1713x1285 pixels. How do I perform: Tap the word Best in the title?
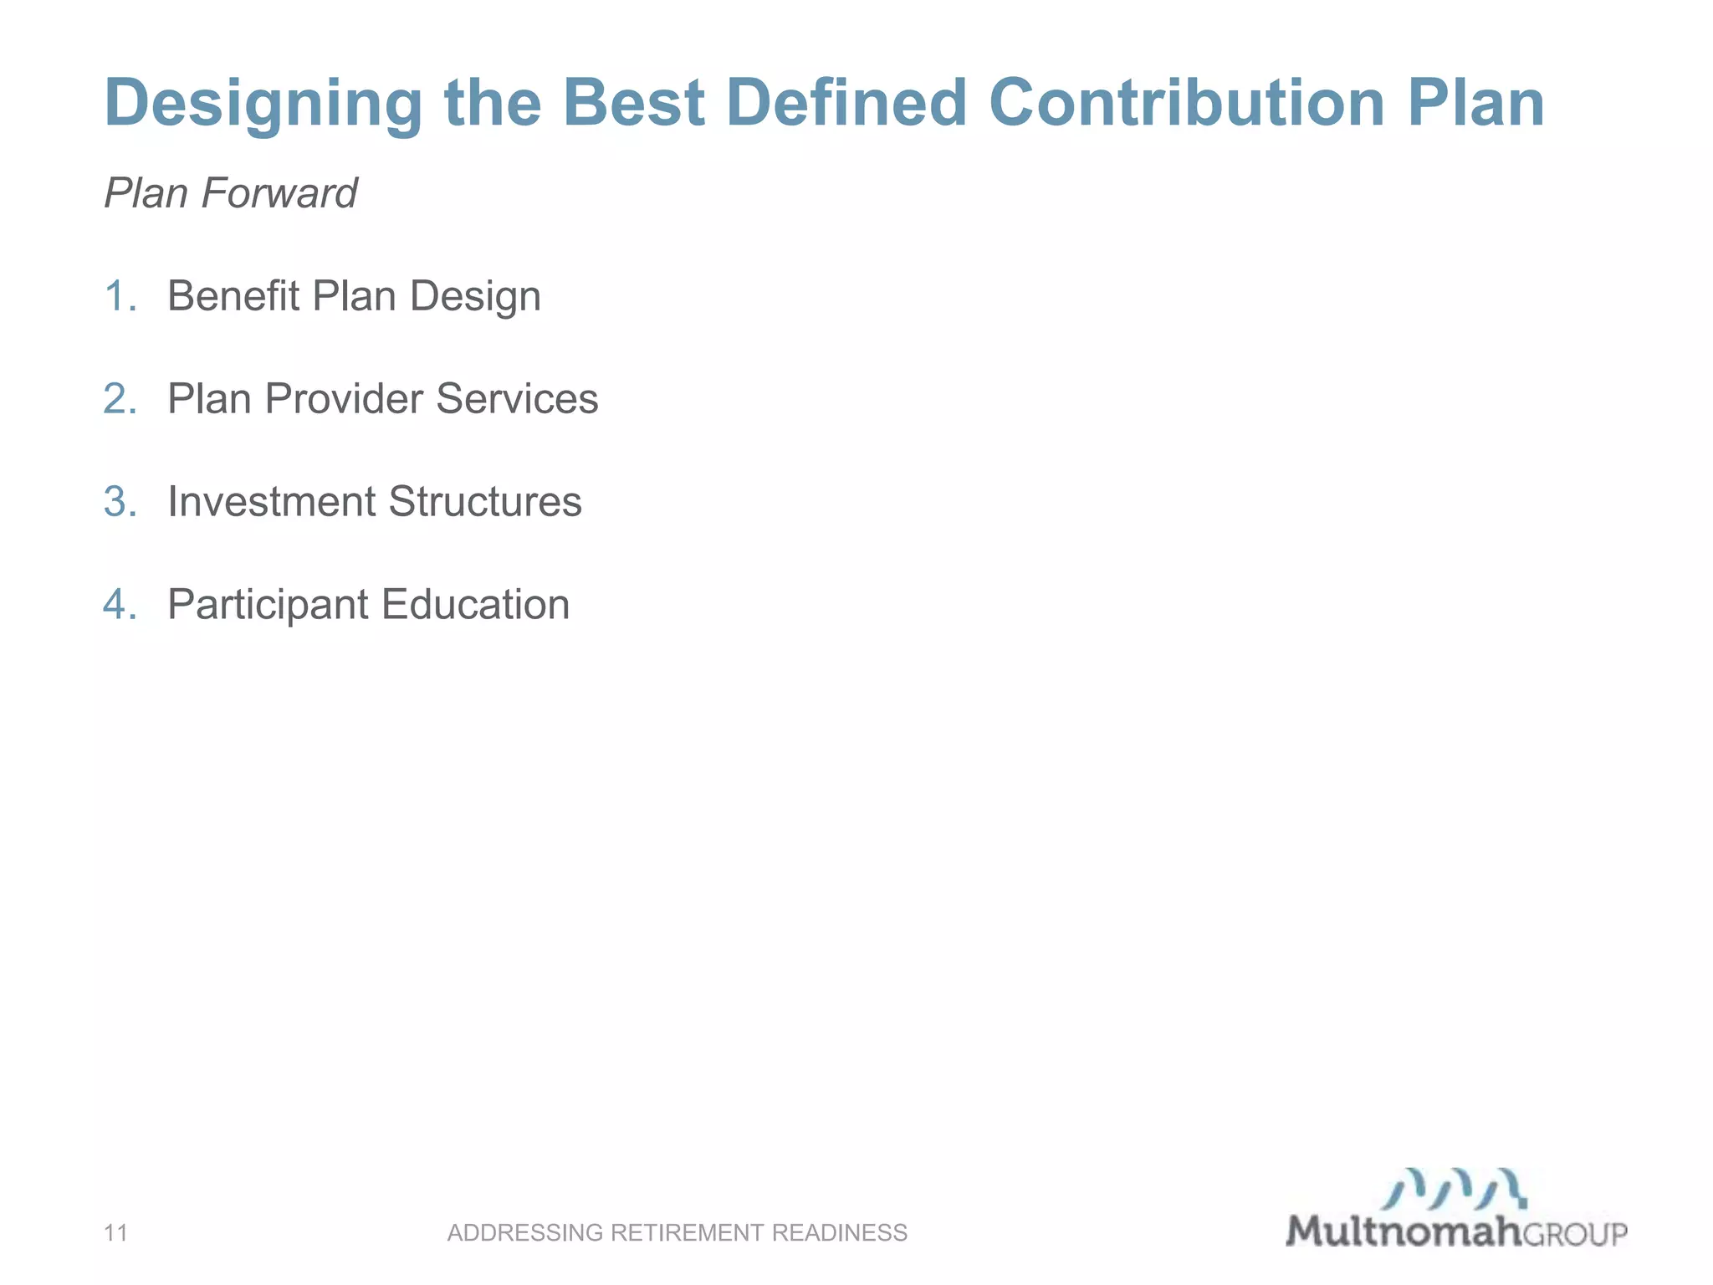(634, 103)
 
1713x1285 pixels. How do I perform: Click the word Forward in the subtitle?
(279, 193)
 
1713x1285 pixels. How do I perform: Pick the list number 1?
(120, 296)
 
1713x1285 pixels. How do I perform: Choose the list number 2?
(120, 399)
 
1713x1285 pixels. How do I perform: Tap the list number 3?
(120, 502)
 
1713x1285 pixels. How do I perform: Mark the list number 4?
(120, 605)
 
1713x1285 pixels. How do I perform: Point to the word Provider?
(343, 399)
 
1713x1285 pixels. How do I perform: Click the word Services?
(517, 399)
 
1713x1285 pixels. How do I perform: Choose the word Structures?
(485, 502)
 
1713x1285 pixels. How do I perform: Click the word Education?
(476, 605)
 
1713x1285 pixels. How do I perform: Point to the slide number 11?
(115, 1232)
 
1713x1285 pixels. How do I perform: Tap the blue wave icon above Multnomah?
(1455, 1189)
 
